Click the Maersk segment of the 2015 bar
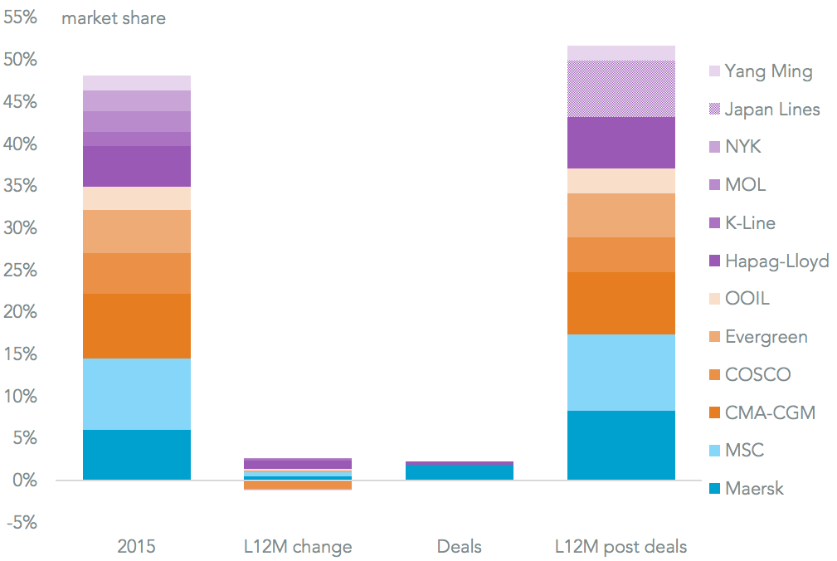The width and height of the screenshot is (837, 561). click(137, 455)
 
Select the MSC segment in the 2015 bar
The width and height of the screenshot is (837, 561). click(137, 394)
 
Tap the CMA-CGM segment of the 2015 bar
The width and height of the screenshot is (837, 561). click(137, 326)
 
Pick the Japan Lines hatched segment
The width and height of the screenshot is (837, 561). click(620, 89)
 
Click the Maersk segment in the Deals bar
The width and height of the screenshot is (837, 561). click(460, 471)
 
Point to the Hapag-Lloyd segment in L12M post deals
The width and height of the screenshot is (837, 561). click(620, 143)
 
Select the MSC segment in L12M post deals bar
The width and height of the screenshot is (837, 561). click(620, 373)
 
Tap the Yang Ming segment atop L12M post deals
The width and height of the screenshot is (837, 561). click(620, 53)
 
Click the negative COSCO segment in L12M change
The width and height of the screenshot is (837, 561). click(298, 485)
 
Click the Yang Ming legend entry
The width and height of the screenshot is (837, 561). click(768, 71)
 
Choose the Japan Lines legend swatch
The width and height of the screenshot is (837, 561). click(714, 110)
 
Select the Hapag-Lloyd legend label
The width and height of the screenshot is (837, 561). click(776, 261)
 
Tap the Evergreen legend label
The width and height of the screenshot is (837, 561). click(766, 337)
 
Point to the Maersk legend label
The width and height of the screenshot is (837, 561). click(754, 488)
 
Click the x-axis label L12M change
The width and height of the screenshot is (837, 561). click(298, 547)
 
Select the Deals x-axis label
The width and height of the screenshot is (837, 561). click(460, 547)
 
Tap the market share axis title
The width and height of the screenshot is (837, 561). click(114, 18)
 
